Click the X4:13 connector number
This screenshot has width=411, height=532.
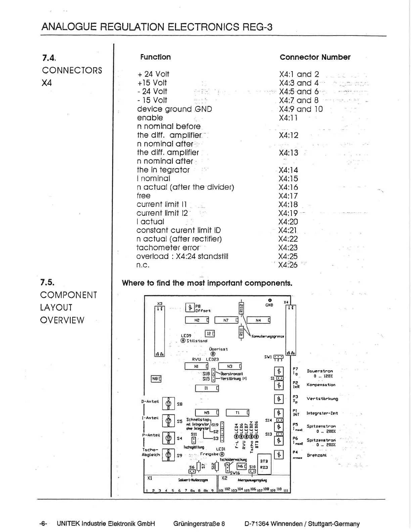coord(288,153)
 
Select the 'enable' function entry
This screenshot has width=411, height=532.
coord(150,118)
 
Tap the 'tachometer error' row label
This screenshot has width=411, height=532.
coord(168,248)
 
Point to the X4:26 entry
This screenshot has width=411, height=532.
coord(288,265)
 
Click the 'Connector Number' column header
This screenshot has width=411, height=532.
coord(315,57)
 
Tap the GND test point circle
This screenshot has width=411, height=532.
coord(270,300)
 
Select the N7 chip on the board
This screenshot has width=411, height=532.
coord(226,320)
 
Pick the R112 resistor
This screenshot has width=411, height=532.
coord(241,307)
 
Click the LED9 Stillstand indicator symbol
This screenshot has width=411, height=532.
coord(183,341)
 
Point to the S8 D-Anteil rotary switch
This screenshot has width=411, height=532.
coord(168,403)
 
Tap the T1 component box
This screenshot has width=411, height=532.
coord(237,413)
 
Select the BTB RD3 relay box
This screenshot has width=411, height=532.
coord(264,464)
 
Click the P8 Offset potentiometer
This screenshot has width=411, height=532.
coord(190,307)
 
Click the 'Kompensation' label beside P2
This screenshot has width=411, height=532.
coord(321,385)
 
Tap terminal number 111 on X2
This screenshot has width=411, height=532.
coord(286,491)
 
